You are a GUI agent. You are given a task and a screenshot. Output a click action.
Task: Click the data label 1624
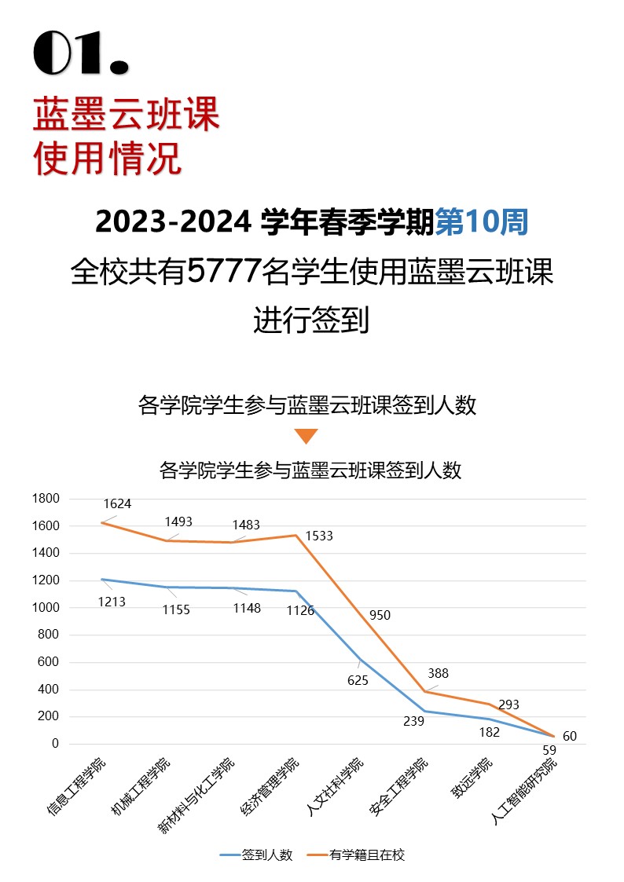117,504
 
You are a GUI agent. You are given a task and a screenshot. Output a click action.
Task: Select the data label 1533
319,536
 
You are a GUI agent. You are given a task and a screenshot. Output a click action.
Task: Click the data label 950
380,616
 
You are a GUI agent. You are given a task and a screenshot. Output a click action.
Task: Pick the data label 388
439,673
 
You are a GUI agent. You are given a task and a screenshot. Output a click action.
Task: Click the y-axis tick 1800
46,499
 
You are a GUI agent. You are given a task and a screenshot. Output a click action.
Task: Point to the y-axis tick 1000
46,608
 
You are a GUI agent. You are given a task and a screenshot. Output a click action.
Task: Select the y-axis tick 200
50,716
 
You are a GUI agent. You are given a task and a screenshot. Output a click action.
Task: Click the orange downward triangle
306,436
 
